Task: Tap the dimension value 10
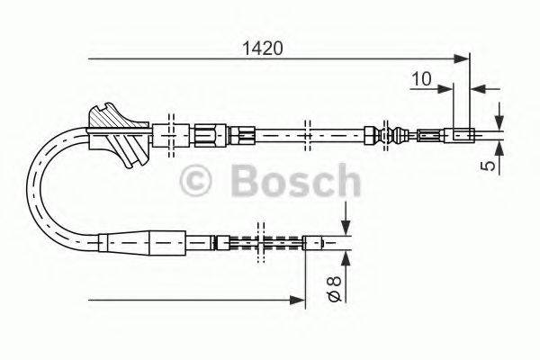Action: (x=418, y=78)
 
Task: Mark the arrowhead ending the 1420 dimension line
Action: (x=463, y=59)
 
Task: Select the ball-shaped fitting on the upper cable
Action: (x=393, y=137)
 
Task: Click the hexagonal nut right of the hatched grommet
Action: (x=206, y=136)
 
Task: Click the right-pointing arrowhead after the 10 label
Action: (x=446, y=88)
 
